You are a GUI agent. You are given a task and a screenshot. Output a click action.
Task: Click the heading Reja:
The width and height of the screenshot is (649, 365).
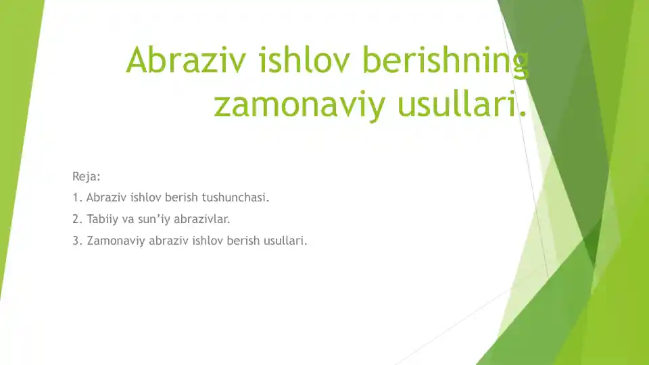pos(87,177)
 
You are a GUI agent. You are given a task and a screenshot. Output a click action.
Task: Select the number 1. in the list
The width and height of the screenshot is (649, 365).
pos(77,199)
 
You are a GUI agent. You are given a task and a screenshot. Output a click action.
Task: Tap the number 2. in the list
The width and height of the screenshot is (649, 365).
pos(77,220)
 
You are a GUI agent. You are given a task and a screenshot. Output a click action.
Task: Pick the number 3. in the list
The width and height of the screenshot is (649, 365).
pos(77,241)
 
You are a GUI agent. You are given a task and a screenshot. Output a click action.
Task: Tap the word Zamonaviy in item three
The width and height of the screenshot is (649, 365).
pos(116,241)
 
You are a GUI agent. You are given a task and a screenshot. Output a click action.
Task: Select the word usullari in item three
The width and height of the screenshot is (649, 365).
pos(285,241)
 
